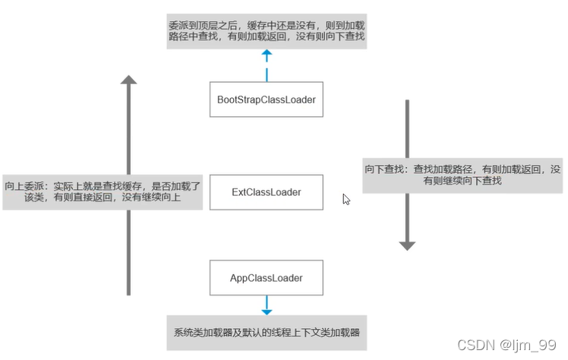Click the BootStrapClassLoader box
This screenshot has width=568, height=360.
(266, 99)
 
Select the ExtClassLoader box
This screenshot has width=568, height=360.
(266, 192)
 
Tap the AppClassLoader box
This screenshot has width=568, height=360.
(266, 278)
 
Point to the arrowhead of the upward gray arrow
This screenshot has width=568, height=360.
(128, 80)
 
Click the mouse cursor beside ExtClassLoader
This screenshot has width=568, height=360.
(346, 199)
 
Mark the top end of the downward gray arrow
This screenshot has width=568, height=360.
(408, 102)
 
